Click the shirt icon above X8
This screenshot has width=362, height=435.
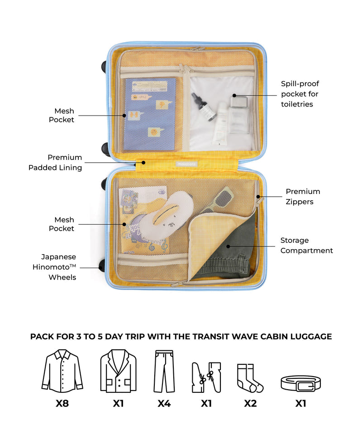62,371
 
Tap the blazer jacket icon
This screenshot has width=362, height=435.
118,371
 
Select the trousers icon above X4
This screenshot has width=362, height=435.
164,371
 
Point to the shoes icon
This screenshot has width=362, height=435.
206,377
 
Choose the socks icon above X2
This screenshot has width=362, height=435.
250,378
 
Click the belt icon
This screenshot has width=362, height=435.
300,383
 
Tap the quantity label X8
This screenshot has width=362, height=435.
62,403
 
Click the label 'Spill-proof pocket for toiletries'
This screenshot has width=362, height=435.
300,94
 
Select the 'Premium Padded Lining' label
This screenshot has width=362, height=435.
55,162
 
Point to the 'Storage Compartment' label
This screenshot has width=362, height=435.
306,245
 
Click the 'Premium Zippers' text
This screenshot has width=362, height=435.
303,196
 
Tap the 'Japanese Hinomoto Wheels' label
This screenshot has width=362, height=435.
54,267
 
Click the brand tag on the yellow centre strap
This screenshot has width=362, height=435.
187,164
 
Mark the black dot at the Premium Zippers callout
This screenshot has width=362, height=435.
258,197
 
